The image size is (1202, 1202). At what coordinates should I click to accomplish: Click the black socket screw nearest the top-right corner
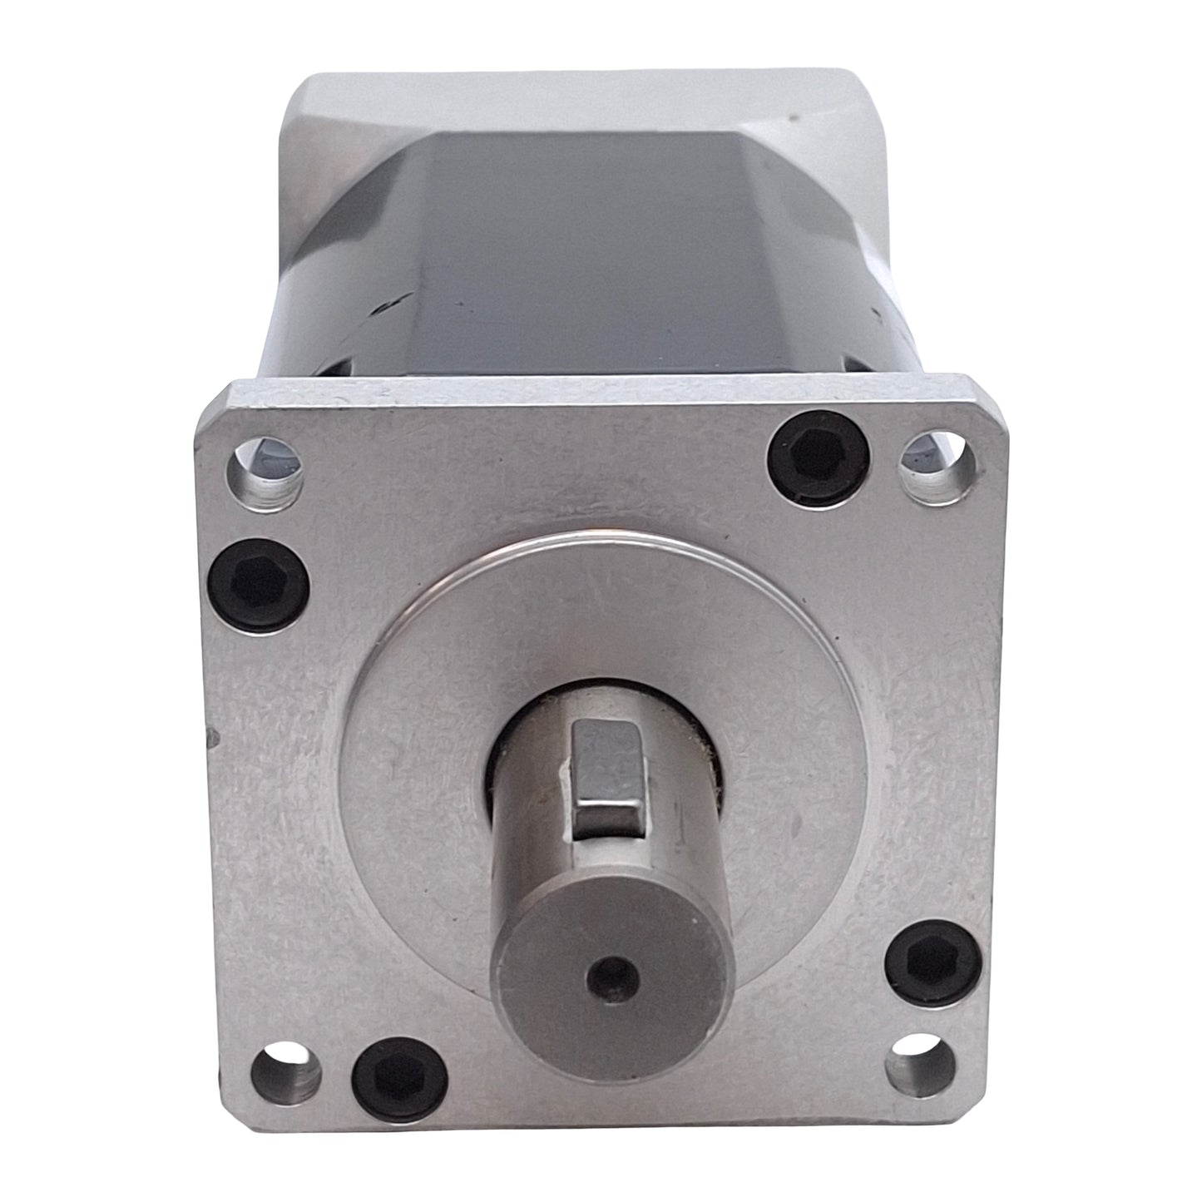tap(817, 457)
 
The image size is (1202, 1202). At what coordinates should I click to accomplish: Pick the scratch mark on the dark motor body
tap(391, 308)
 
